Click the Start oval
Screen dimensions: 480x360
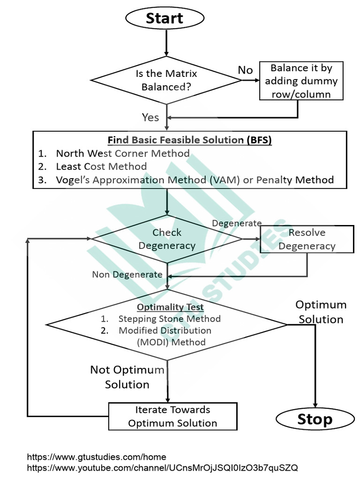(x=165, y=19)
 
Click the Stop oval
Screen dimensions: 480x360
(x=314, y=420)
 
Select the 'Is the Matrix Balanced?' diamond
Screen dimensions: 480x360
(x=166, y=80)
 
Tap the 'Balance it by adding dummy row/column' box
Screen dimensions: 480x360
(x=301, y=81)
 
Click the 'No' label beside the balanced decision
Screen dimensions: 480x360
(x=245, y=70)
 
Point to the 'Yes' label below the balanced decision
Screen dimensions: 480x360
(x=150, y=117)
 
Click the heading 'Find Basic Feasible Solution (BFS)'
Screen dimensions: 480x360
(x=190, y=140)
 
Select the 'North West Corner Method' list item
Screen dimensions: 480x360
(x=122, y=153)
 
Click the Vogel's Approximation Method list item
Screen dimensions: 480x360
(x=195, y=180)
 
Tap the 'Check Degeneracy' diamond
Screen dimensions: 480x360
(x=167, y=239)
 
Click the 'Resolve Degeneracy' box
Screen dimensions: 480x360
(x=307, y=239)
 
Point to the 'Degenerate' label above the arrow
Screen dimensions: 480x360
(x=237, y=224)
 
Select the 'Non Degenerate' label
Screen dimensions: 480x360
(x=127, y=275)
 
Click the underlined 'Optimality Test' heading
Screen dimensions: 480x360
(x=170, y=307)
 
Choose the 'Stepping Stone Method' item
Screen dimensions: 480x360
(x=169, y=319)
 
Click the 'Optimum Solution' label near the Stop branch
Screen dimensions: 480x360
(x=321, y=312)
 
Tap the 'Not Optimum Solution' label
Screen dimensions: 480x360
(x=127, y=377)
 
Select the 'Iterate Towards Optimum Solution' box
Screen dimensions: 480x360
(x=172, y=416)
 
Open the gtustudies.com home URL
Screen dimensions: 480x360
(x=97, y=457)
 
